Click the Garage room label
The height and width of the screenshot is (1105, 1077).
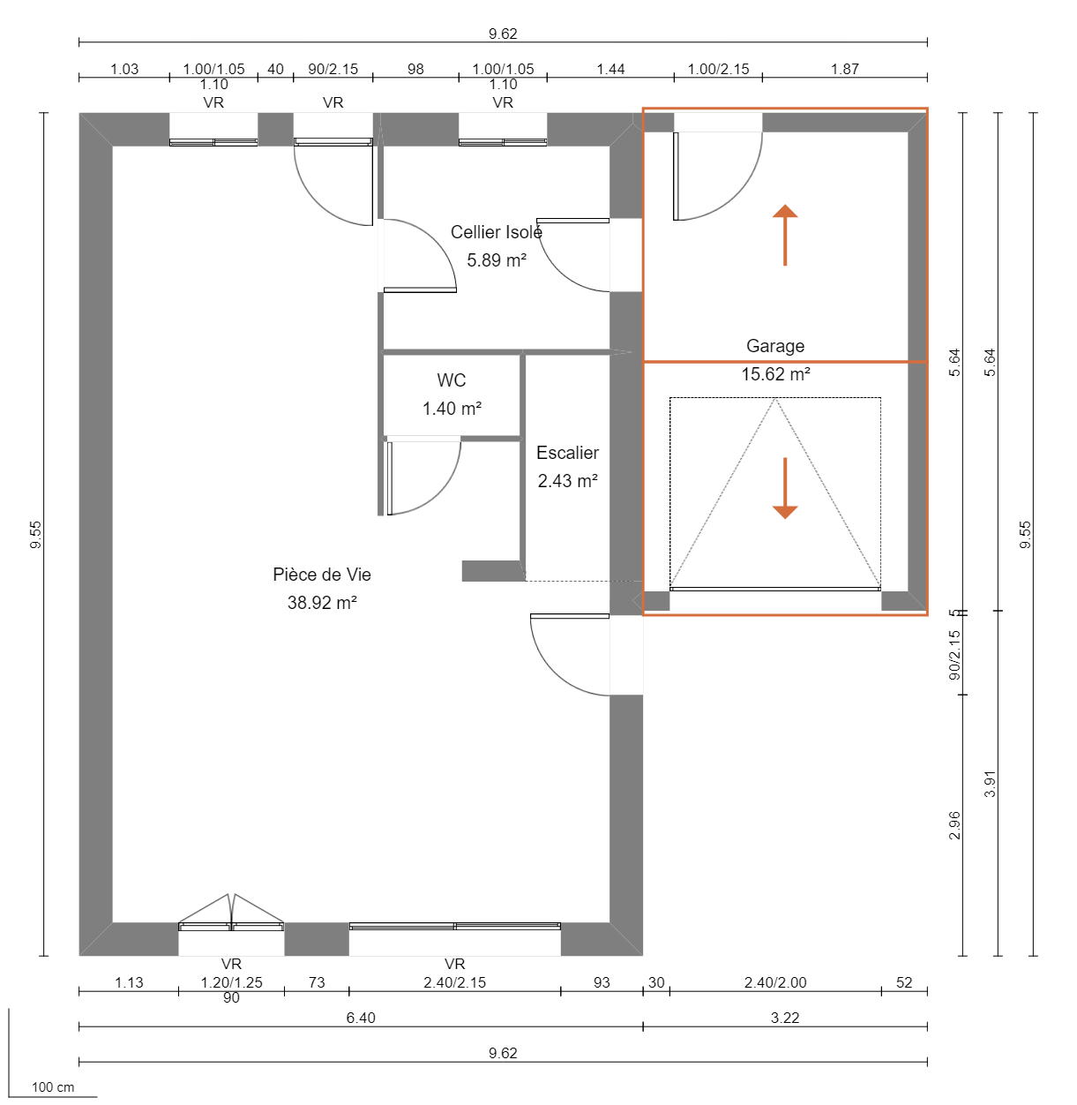(x=775, y=346)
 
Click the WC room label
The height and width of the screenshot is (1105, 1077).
(x=451, y=380)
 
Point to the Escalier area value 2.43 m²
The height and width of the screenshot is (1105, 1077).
(x=567, y=481)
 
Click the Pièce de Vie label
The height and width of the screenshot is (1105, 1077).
(x=322, y=575)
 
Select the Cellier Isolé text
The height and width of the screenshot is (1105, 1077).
(x=496, y=232)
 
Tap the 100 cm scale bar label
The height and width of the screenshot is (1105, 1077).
(x=53, y=1087)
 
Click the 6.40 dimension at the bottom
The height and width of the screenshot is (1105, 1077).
(x=360, y=1018)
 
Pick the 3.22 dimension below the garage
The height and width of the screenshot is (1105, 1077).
(x=784, y=1018)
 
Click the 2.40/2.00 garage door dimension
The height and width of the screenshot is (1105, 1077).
(x=774, y=982)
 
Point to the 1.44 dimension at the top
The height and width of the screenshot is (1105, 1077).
(x=610, y=69)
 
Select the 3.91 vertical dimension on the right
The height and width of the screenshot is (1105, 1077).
(x=990, y=784)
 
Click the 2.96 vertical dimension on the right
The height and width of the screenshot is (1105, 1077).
(x=954, y=824)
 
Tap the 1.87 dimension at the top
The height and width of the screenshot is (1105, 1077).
(x=844, y=69)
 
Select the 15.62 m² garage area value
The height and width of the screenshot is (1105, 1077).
(x=775, y=374)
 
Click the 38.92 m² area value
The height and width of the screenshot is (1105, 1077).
(x=322, y=603)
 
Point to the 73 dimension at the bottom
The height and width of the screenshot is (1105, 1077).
(x=316, y=982)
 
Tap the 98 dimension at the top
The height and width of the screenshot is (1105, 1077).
(x=415, y=69)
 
